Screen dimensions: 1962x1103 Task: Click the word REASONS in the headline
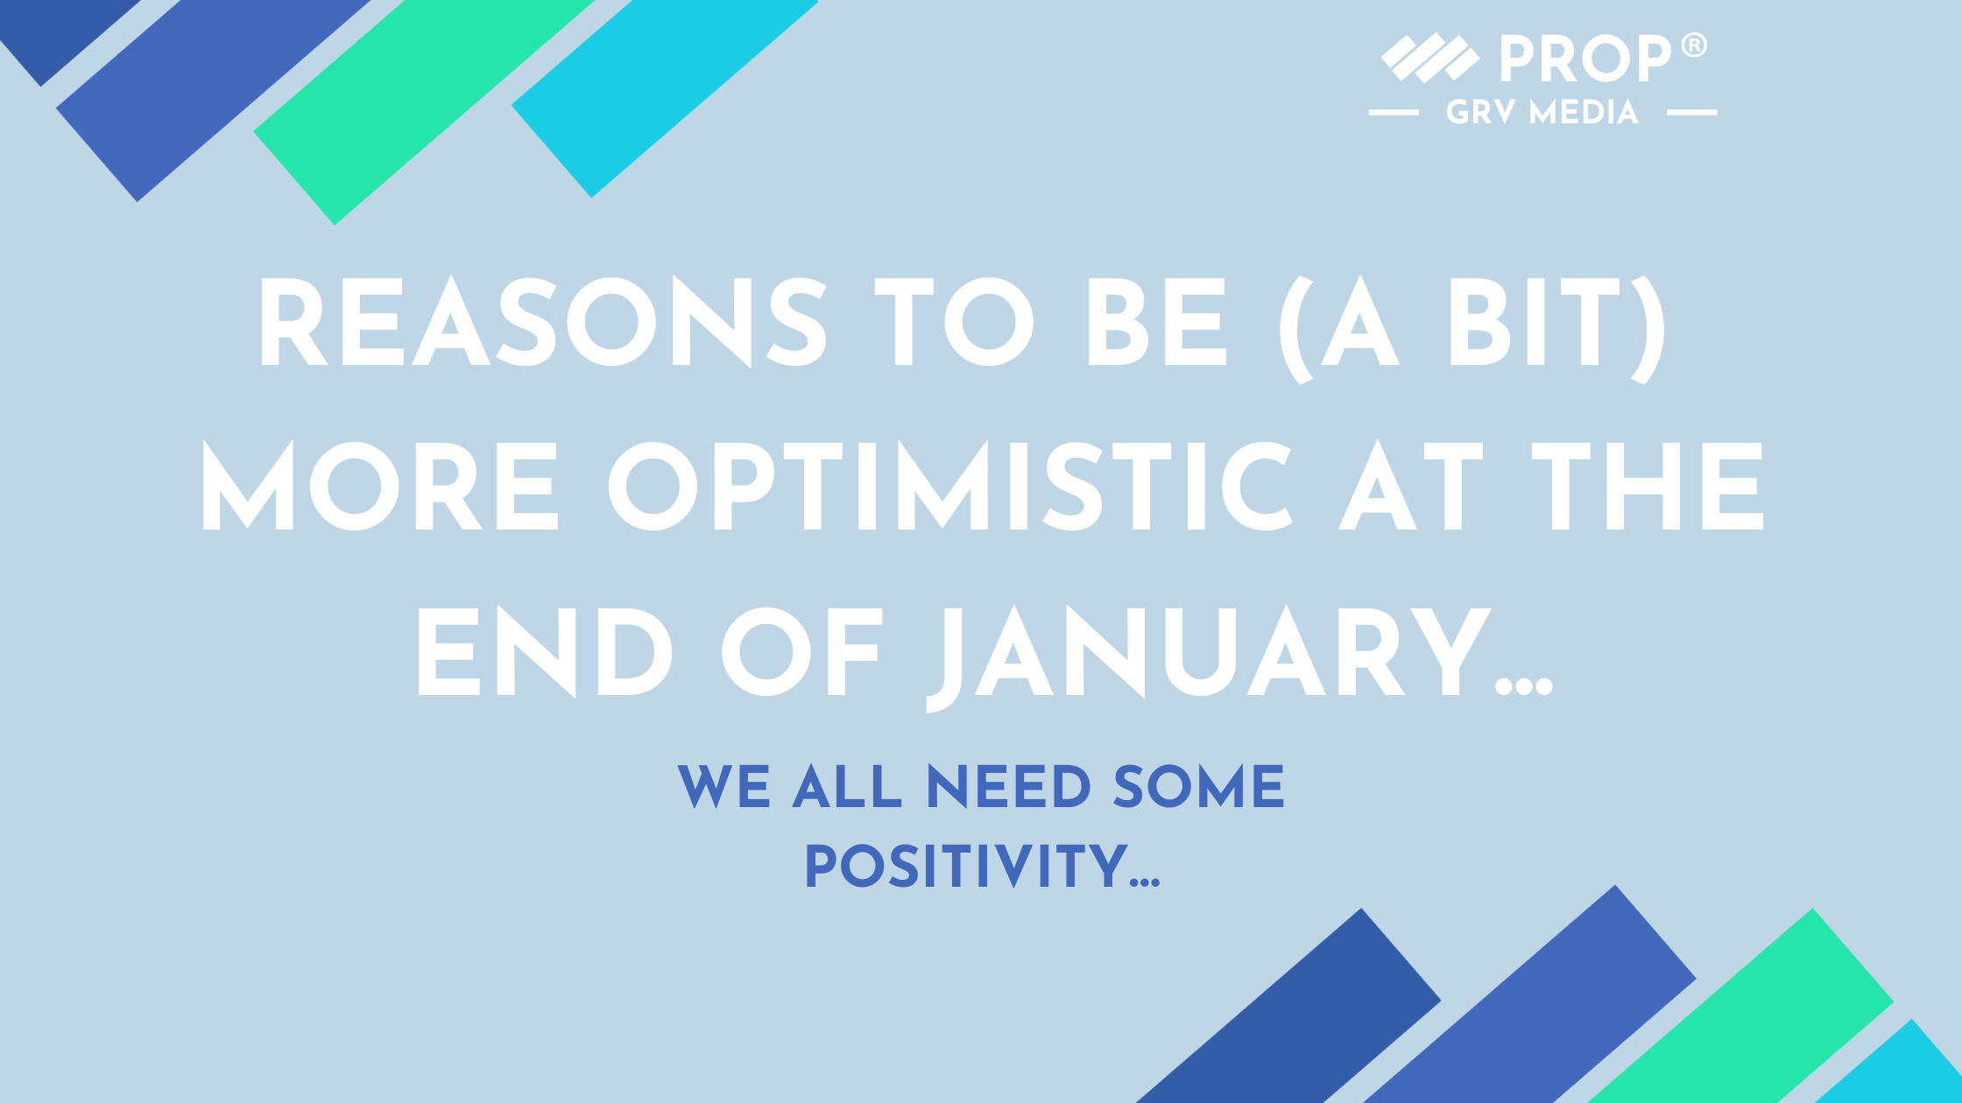[543, 322]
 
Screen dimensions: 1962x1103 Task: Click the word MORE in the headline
[380, 485]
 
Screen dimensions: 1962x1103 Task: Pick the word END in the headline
[545, 652]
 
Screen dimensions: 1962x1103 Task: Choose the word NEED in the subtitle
[1009, 786]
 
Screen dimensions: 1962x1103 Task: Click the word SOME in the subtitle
[1198, 786]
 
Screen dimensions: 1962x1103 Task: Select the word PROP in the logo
[1586, 59]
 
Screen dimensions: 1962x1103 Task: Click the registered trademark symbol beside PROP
[1695, 45]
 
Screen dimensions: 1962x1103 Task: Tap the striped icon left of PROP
[1430, 59]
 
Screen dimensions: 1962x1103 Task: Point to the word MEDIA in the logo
[1584, 112]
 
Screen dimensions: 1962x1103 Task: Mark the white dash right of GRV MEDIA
[1691, 112]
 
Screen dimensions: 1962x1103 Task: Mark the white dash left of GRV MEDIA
[1394, 112]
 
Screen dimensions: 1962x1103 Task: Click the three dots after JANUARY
[1524, 687]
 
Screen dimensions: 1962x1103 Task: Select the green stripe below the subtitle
[1740, 1006]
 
